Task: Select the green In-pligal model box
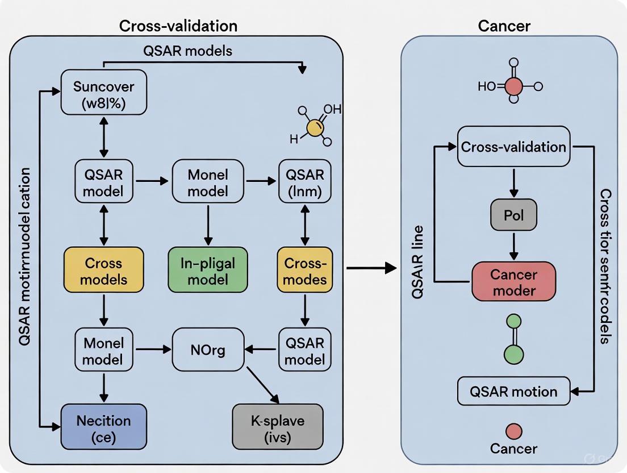click(207, 271)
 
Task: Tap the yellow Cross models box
click(103, 271)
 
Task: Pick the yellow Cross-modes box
click(305, 271)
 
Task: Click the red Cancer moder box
click(513, 281)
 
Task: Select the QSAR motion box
click(513, 391)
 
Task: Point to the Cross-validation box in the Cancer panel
click(513, 147)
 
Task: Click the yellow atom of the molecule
click(313, 127)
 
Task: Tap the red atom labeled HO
click(513, 86)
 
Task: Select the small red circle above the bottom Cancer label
click(513, 431)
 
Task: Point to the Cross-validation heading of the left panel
click(178, 26)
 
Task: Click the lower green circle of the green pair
click(513, 355)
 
